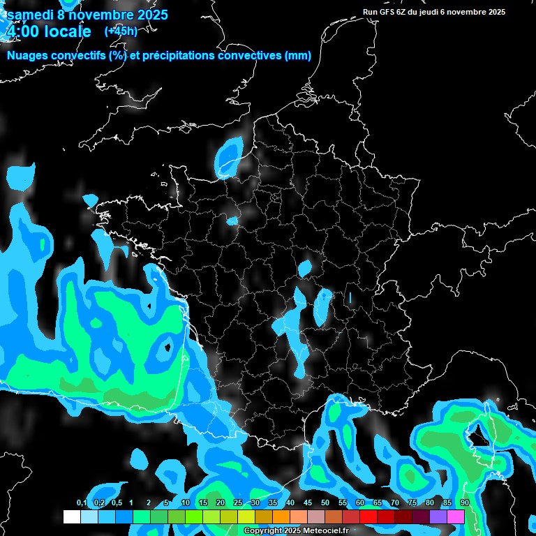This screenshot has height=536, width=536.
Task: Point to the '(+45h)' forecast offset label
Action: coord(121,31)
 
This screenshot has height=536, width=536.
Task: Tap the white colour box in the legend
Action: coord(71,517)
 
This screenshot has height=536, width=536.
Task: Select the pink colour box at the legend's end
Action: coord(456,517)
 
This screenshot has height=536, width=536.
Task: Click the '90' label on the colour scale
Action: coord(465,503)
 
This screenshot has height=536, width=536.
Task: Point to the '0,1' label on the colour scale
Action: coord(81,503)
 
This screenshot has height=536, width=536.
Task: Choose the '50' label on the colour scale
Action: coord(325,503)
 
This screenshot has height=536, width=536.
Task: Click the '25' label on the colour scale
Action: coord(237,503)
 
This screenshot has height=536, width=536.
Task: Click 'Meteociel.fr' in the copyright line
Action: coord(327,531)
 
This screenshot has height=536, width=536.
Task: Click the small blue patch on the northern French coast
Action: coord(228,154)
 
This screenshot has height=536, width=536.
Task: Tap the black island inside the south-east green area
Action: coord(478,436)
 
